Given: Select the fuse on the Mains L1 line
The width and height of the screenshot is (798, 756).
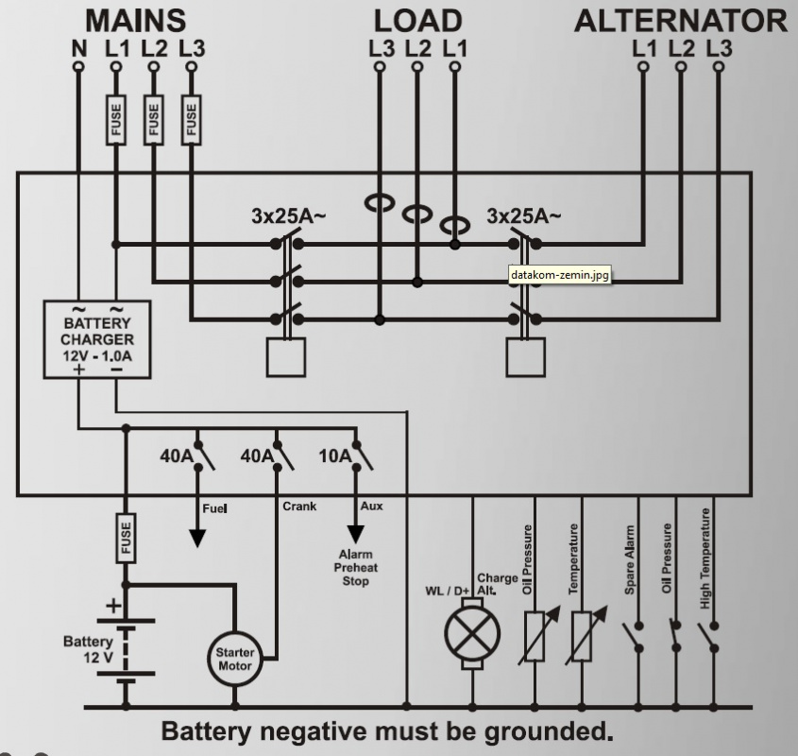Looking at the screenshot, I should [x=115, y=121].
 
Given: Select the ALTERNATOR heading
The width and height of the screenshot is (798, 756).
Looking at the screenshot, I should [x=681, y=21].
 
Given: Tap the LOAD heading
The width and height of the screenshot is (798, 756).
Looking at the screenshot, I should [x=416, y=21].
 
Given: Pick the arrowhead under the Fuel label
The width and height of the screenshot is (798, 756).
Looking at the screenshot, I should [x=197, y=537].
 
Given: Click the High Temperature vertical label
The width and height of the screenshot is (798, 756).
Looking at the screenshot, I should [x=705, y=558].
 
